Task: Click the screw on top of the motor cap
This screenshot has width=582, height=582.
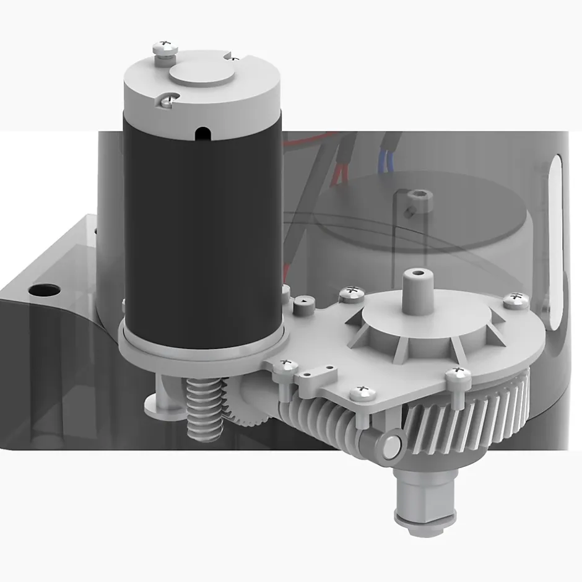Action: (x=165, y=47)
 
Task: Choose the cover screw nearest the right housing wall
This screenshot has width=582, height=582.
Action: (x=515, y=300)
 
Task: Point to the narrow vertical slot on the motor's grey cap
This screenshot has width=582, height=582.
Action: (x=200, y=132)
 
